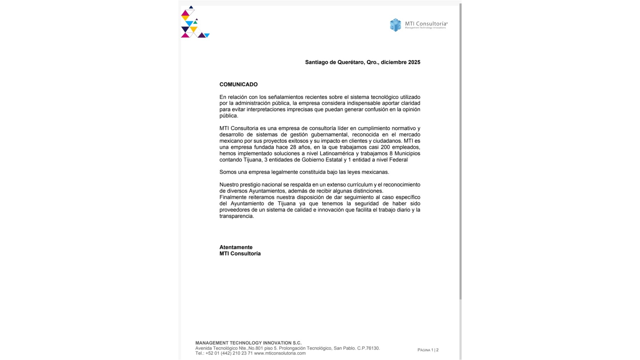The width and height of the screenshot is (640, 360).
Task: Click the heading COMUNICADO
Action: [238, 84]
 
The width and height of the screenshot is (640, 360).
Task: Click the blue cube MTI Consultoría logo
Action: [395, 25]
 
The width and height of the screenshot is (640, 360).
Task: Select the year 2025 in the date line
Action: [414, 62]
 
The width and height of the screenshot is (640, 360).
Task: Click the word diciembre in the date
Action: [394, 62]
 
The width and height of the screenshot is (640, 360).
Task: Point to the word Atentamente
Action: [236, 247]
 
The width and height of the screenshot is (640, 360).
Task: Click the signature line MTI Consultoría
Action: [240, 254]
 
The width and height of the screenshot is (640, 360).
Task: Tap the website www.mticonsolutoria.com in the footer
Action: [280, 353]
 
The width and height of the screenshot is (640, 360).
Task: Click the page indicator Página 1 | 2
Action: [428, 350]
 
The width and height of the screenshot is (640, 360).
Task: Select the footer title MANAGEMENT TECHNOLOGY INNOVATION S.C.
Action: [248, 343]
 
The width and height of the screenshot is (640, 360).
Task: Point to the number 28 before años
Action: [293, 147]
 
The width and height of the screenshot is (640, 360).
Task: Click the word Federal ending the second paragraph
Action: [398, 160]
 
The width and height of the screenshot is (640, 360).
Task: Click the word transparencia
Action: [236, 216]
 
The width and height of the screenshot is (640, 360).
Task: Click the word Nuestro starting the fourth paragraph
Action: [229, 185]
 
